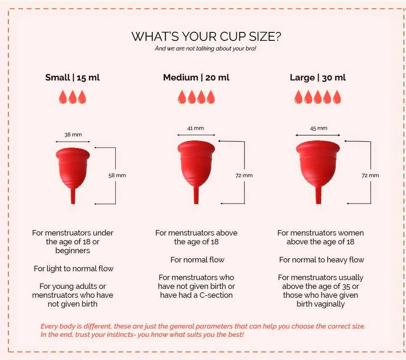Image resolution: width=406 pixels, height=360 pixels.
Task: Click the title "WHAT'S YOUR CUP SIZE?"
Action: click(206, 37)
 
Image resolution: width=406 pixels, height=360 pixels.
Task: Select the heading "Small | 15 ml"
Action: click(72, 77)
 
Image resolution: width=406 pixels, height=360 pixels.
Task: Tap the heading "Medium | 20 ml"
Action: click(196, 77)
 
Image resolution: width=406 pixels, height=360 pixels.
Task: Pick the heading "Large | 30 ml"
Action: click(318, 77)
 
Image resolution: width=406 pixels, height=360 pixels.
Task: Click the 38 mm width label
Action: click(73, 135)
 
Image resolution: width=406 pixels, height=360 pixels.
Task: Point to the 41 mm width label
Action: click(196, 128)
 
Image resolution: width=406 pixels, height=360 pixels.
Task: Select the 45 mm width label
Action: click(318, 128)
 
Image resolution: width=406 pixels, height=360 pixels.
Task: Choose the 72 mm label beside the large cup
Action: click(370, 175)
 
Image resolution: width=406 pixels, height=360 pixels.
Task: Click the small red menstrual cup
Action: click(73, 168)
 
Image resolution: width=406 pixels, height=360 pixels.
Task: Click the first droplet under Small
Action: click(63, 97)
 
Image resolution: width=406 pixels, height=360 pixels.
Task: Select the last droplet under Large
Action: click(337, 97)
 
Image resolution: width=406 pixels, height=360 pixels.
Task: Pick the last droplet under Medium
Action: click(210, 97)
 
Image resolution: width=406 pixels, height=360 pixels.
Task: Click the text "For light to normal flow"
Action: click(74, 268)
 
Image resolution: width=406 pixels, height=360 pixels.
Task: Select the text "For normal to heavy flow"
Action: click(321, 260)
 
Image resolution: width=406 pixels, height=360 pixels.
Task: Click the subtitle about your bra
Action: click(206, 48)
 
